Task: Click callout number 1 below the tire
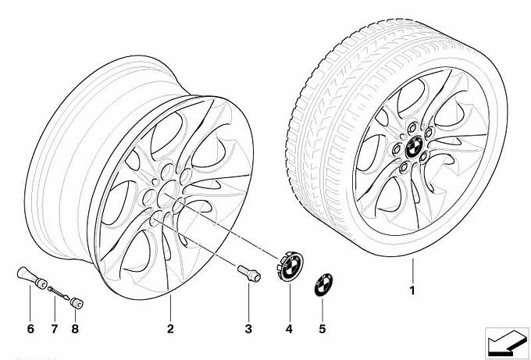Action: [412, 290]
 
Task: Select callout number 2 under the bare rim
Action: [170, 329]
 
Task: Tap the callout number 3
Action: [248, 329]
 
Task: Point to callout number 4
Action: [289, 329]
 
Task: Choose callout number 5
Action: [322, 329]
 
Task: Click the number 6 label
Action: [30, 329]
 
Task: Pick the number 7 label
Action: [55, 329]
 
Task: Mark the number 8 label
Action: [75, 329]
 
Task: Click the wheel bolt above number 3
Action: [249, 273]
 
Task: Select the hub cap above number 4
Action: [289, 266]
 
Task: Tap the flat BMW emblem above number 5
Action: [323, 284]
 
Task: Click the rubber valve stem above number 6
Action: [31, 278]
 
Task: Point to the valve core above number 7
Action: [59, 293]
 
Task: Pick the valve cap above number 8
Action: [77, 303]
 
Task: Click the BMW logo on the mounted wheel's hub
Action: [414, 148]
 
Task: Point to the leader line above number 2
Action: [170, 308]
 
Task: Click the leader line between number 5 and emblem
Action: [322, 309]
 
